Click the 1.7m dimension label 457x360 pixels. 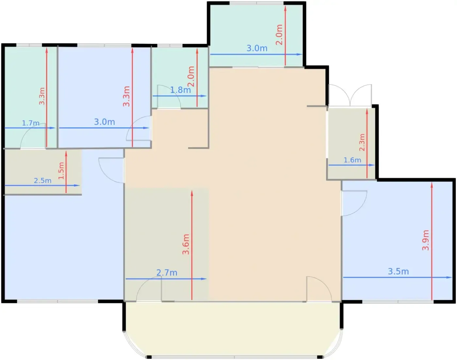31,123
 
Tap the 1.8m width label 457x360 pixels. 181,90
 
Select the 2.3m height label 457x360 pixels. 362,142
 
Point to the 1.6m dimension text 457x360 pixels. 352,160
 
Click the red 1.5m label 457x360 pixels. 61,171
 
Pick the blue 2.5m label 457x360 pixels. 43,181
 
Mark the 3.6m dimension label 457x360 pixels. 186,244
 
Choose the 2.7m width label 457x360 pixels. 167,273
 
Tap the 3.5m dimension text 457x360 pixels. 398,271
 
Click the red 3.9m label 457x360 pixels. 426,240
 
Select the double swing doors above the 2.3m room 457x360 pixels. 350,96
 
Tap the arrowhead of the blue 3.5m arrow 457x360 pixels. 449,277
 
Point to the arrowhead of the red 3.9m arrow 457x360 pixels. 432,185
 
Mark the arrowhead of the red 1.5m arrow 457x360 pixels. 66,154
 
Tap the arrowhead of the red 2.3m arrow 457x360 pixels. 367,112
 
